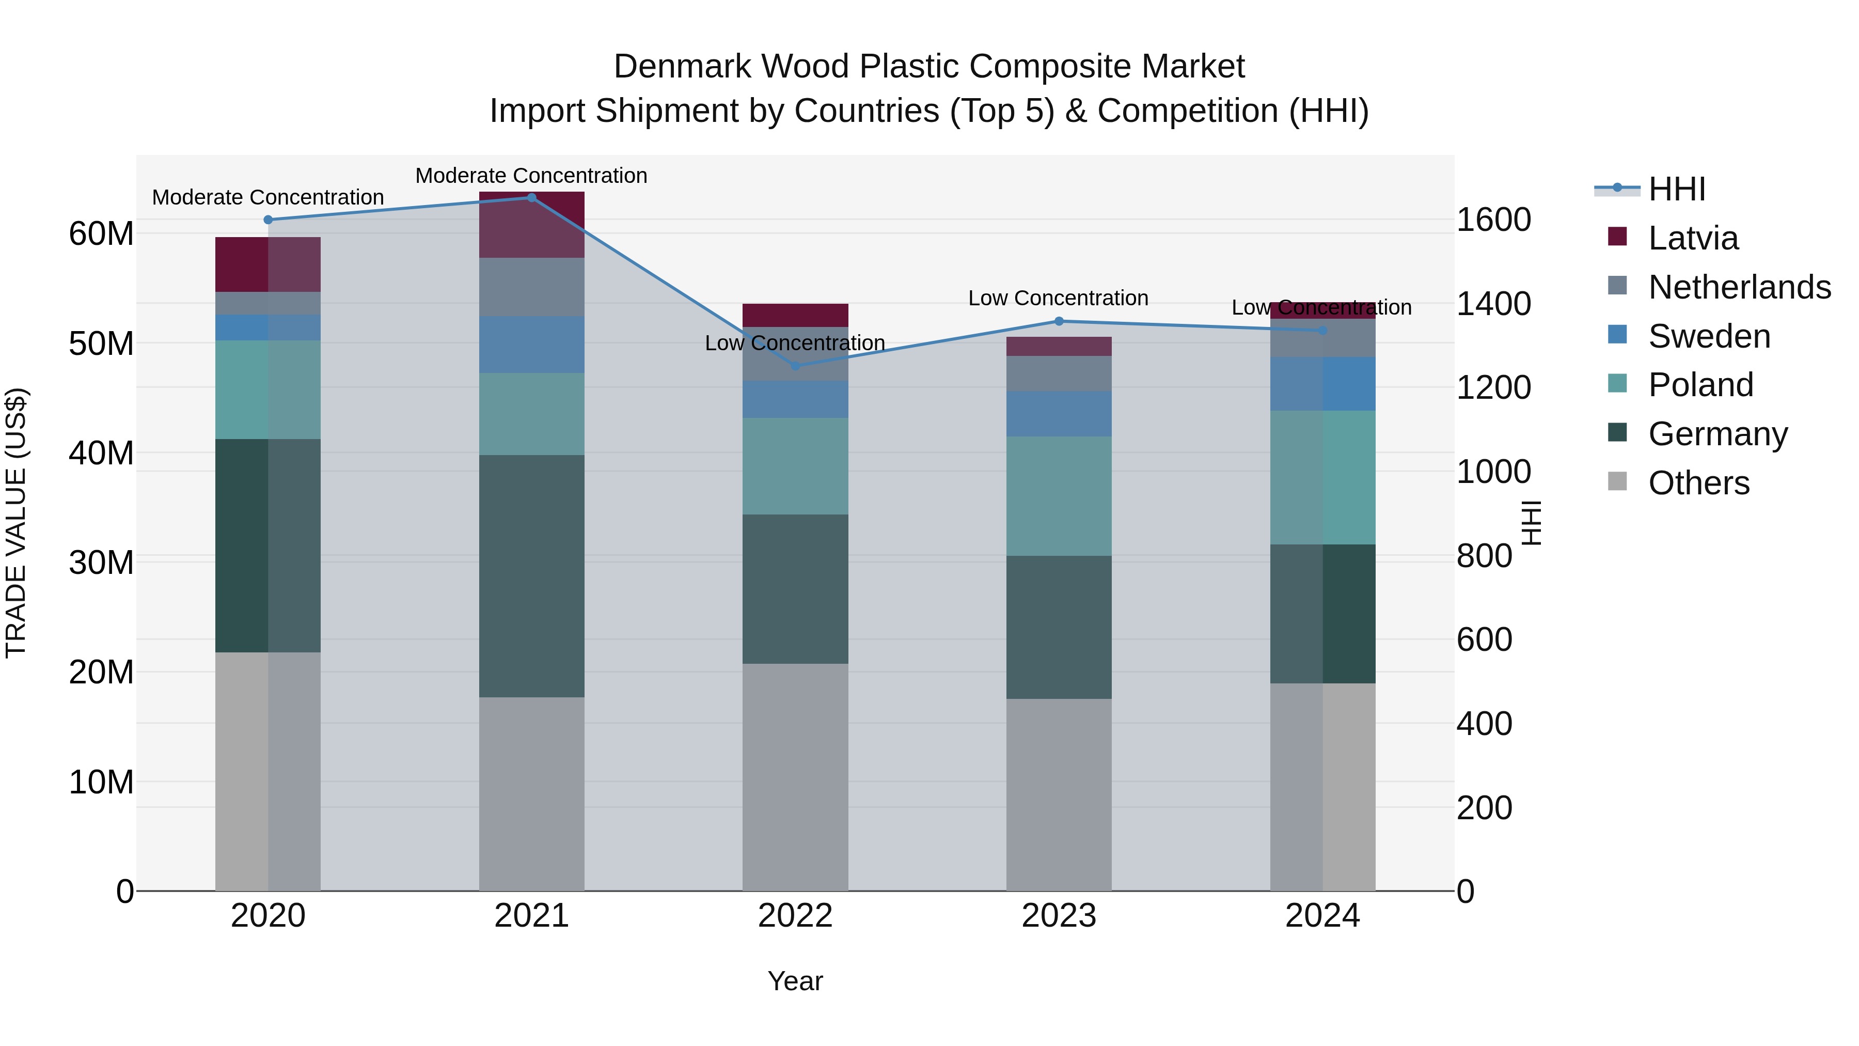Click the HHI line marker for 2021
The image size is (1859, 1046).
coord(532,198)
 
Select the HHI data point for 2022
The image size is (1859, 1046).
coord(795,366)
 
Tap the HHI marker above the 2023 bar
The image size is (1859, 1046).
coord(1059,321)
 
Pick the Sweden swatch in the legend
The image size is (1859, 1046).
coord(1618,335)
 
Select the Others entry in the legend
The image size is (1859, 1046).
coord(1698,483)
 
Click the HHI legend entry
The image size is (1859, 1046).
coord(1676,189)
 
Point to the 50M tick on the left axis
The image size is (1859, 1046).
coord(101,344)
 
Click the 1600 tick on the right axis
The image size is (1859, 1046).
coord(1493,220)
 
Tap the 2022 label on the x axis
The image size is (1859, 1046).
coord(795,916)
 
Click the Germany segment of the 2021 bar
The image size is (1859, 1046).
coord(532,575)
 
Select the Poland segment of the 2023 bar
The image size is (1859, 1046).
coord(1059,495)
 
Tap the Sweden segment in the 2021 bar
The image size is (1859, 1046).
coord(532,345)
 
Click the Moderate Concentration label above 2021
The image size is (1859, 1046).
coord(531,176)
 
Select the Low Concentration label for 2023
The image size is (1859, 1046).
coord(1058,298)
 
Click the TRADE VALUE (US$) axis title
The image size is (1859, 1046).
coord(16,523)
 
